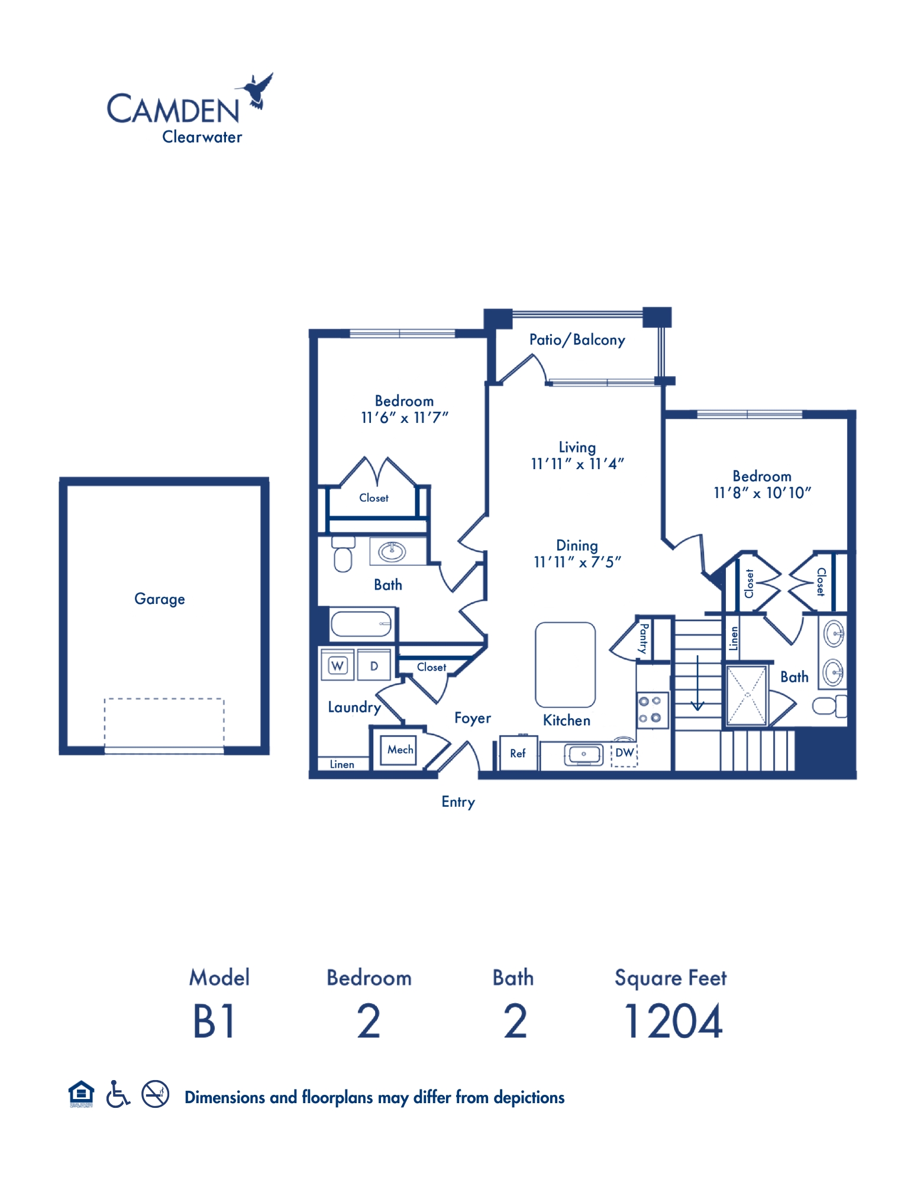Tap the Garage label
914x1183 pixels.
click(160, 599)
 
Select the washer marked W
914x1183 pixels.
click(337, 666)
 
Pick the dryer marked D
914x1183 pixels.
click(374, 666)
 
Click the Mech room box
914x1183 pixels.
click(401, 750)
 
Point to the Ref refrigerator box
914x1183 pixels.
click(518, 753)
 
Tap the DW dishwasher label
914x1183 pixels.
click(625, 752)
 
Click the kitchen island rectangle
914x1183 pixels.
click(565, 665)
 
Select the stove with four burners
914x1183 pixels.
click(653, 709)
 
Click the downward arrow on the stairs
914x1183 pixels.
click(697, 683)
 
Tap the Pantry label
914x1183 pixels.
click(643, 638)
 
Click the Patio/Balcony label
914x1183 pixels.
click(577, 340)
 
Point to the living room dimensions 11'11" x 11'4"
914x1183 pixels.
click(577, 464)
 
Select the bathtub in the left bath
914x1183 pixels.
click(361, 623)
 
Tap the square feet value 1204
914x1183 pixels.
click(673, 1022)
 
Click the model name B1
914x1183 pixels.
click(214, 1022)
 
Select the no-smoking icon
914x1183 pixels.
click(156, 1094)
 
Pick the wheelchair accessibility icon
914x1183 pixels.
click(118, 1094)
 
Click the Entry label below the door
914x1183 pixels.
click(458, 802)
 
